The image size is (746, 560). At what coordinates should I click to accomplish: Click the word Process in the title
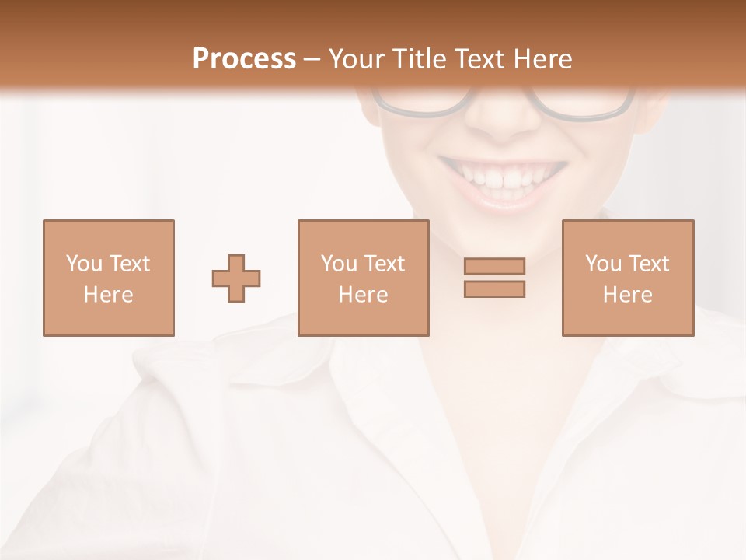(x=244, y=58)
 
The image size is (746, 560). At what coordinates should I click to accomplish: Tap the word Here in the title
(x=542, y=58)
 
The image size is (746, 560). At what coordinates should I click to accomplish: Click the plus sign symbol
(x=236, y=278)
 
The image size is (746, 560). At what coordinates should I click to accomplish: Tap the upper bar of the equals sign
(x=494, y=266)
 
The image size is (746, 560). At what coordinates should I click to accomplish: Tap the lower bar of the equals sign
(x=494, y=289)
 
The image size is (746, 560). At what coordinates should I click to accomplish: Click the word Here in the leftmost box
(x=108, y=295)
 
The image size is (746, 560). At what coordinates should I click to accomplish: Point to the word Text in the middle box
(x=385, y=264)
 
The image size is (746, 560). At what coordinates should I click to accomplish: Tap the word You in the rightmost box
(x=604, y=264)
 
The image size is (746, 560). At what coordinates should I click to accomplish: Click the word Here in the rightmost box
(x=627, y=295)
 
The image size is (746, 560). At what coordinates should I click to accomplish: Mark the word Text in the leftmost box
(x=130, y=264)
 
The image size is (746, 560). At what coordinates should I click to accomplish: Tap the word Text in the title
(x=479, y=58)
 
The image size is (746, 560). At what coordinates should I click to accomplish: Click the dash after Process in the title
(x=312, y=59)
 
